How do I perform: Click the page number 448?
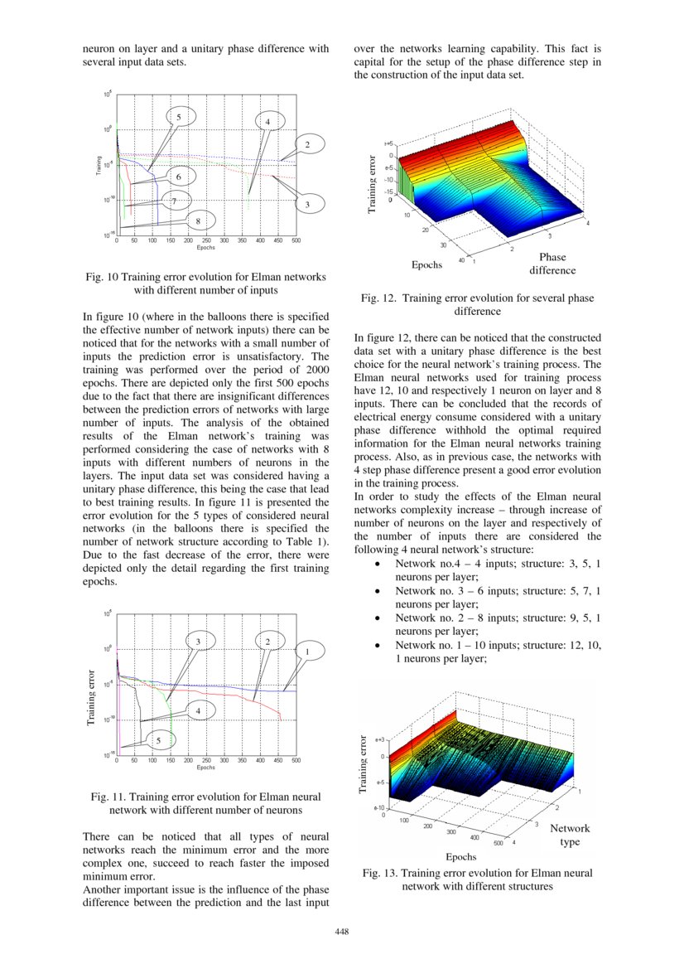click(x=342, y=932)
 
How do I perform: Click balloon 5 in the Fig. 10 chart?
click(x=179, y=118)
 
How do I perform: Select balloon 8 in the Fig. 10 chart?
click(x=199, y=220)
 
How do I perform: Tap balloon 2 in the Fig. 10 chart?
click(x=307, y=146)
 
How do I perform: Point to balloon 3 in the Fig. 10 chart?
click(x=307, y=204)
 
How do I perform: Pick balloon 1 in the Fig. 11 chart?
click(x=308, y=652)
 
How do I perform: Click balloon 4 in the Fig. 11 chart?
click(x=199, y=710)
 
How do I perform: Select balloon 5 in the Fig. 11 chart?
click(x=160, y=740)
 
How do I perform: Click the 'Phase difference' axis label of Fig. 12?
click(x=552, y=264)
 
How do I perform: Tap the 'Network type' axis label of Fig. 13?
click(x=570, y=835)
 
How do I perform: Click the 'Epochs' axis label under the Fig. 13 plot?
click(x=461, y=856)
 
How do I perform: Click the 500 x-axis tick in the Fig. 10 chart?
click(x=296, y=240)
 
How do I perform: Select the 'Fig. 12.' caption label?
click(x=379, y=298)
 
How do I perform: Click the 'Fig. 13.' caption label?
click(x=382, y=873)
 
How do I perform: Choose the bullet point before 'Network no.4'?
click(x=378, y=564)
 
